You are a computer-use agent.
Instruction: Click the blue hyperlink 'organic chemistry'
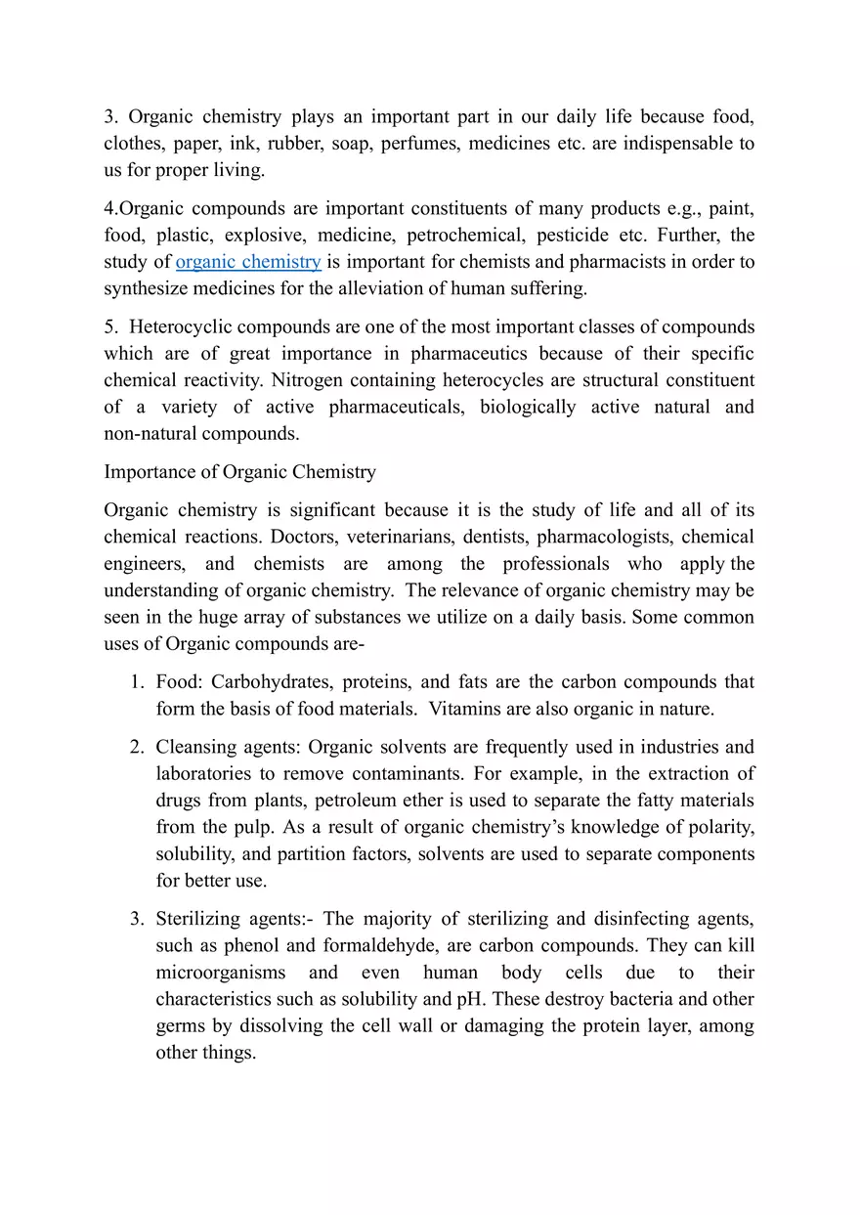(x=248, y=262)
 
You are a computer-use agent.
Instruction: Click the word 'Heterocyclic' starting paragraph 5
(x=180, y=326)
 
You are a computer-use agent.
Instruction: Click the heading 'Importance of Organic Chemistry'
(x=239, y=472)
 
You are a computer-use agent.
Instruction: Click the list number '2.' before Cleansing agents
(x=138, y=748)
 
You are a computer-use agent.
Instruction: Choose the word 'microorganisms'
(x=221, y=973)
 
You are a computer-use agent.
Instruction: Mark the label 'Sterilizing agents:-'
(x=235, y=920)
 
